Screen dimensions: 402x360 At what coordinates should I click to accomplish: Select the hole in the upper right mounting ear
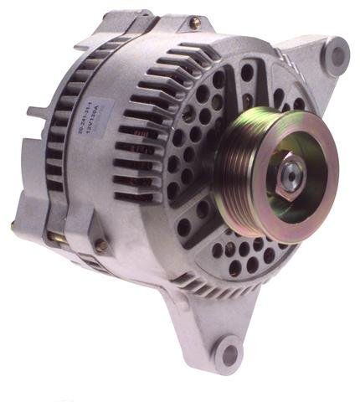337,57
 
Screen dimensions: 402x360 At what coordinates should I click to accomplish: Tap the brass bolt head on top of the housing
194,24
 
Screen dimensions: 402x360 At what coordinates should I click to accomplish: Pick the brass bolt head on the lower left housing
101,246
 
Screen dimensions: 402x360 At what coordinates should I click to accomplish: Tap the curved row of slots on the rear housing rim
63,126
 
